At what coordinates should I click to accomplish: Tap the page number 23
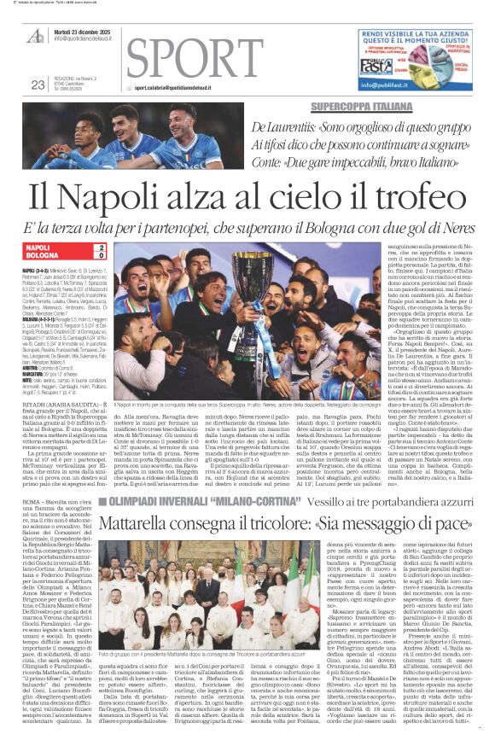click(x=37, y=84)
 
